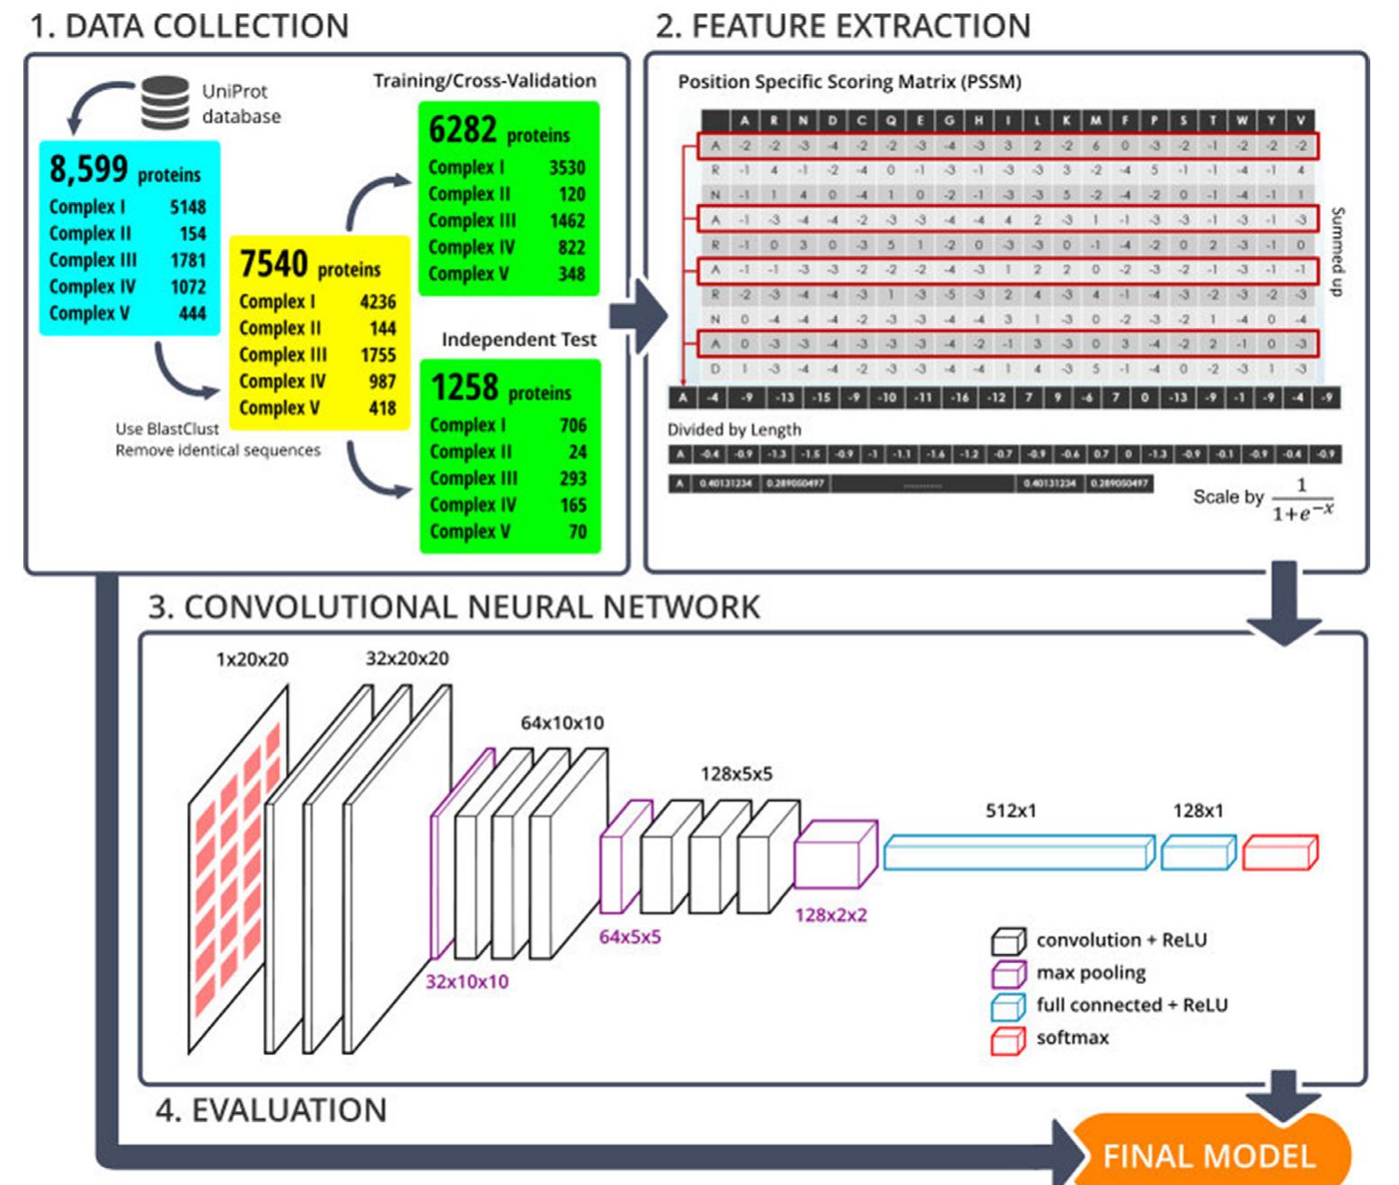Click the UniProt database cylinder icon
165,102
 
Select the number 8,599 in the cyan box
88,169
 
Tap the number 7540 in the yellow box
273,264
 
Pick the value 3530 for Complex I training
566,168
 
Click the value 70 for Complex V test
577,531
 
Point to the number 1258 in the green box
464,388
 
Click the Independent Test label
518,340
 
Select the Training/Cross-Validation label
484,81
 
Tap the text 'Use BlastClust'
167,429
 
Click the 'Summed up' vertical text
1337,252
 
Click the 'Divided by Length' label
734,429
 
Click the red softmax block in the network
1279,853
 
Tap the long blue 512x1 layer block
1018,853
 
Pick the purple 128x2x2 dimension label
830,915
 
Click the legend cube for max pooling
1008,974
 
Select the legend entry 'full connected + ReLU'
1131,1005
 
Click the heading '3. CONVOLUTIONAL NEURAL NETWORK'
454,607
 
